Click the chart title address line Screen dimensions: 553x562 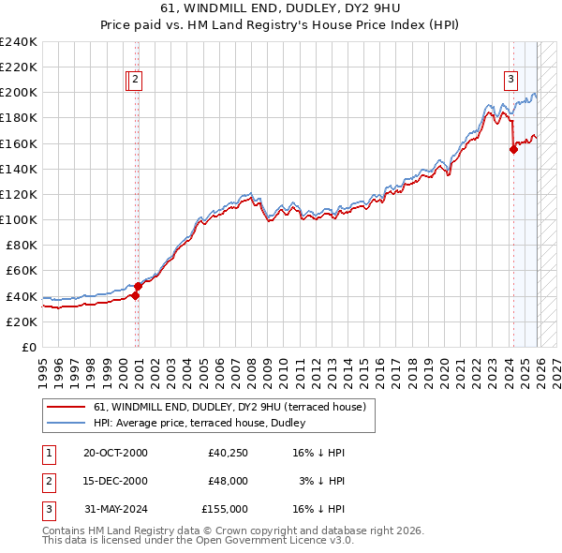[x=281, y=8]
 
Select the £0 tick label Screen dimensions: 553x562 [x=28, y=347]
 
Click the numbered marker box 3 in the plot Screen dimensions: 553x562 [x=511, y=80]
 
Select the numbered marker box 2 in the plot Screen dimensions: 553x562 [x=136, y=81]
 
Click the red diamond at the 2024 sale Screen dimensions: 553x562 [x=513, y=150]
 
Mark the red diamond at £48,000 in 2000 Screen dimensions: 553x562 [x=138, y=286]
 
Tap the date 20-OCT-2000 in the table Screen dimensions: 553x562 [x=115, y=453]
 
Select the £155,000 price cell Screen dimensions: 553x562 [x=225, y=509]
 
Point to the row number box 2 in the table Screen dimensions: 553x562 [x=49, y=481]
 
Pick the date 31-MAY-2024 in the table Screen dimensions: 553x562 [x=115, y=509]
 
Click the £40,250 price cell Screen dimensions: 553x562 [x=228, y=453]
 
